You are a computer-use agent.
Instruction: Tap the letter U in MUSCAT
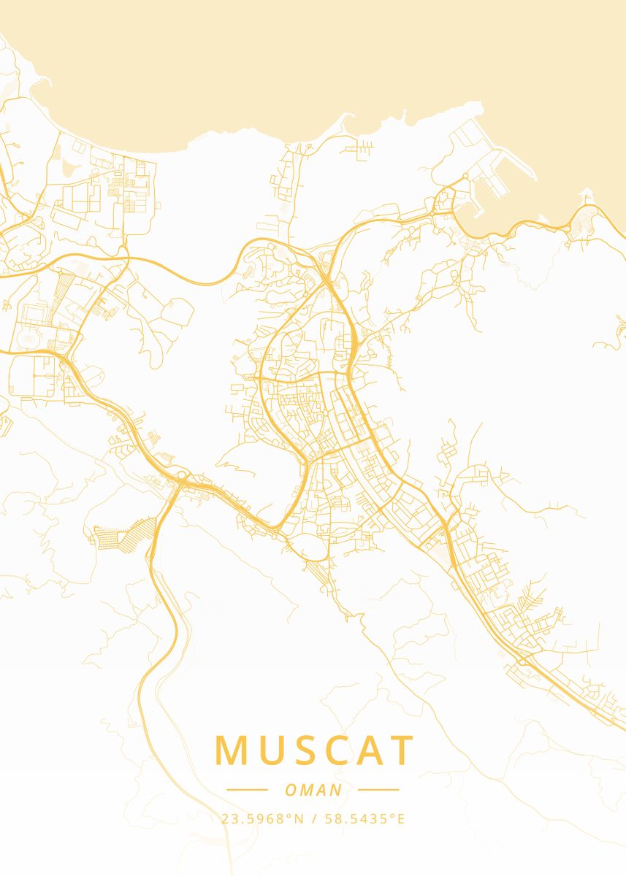point(271,750)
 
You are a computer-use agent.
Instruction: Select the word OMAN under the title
point(313,790)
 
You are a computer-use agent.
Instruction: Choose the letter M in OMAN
point(305,790)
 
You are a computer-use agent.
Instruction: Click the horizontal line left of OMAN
point(247,790)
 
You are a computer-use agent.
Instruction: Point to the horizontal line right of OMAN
point(379,790)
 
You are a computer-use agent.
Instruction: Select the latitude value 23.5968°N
point(262,819)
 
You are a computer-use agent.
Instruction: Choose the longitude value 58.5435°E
point(362,819)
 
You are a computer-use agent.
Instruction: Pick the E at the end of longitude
point(401,819)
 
